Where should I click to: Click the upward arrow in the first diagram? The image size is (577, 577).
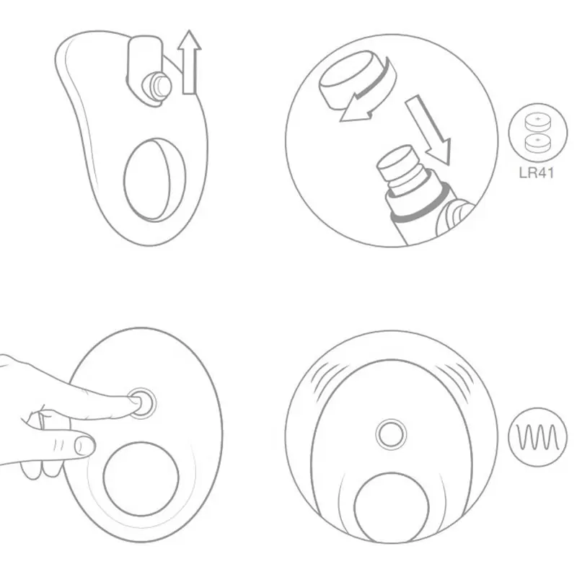tap(189, 63)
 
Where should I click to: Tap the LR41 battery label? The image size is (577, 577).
tap(537, 172)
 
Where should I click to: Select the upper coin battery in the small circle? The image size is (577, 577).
tap(538, 122)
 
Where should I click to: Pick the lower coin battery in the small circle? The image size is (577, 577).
tap(538, 143)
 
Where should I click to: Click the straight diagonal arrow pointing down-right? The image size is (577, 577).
tap(428, 129)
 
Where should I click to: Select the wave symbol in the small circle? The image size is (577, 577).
tap(537, 438)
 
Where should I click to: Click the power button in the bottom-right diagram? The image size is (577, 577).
tap(391, 434)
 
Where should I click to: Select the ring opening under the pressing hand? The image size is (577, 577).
tap(141, 479)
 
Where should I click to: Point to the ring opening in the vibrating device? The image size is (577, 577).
tap(392, 508)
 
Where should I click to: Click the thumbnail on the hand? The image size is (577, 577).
tap(83, 446)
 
